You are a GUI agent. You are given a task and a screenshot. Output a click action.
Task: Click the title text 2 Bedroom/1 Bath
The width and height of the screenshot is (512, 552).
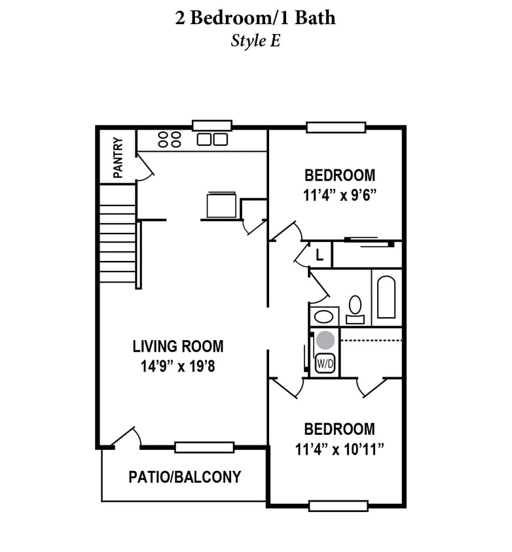tap(255, 18)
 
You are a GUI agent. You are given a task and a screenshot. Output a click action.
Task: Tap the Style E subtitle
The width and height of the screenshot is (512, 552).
tap(255, 40)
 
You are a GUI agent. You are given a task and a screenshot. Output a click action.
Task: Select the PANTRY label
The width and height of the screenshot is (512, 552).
tap(118, 158)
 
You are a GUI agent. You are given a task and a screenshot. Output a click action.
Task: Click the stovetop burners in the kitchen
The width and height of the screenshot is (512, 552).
tap(170, 139)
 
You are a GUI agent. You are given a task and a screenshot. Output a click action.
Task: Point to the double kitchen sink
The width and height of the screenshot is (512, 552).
tap(213, 139)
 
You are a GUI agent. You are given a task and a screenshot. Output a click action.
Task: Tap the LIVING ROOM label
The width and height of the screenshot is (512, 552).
tap(178, 346)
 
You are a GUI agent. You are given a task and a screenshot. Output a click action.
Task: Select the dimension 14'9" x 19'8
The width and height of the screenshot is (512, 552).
tap(178, 366)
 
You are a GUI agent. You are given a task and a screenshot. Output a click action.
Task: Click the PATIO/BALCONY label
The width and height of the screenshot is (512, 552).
tap(185, 477)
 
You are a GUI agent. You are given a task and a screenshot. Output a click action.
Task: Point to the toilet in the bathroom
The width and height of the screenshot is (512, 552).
tap(356, 307)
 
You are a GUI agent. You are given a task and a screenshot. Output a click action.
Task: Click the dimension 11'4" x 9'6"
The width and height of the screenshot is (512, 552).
tap(340, 195)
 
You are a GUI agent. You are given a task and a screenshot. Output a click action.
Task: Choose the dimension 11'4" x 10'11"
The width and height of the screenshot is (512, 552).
tap(339, 449)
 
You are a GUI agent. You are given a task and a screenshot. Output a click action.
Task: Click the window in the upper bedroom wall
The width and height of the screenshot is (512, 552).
tap(336, 128)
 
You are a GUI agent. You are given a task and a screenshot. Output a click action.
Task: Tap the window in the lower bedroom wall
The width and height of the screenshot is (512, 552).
tap(338, 506)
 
